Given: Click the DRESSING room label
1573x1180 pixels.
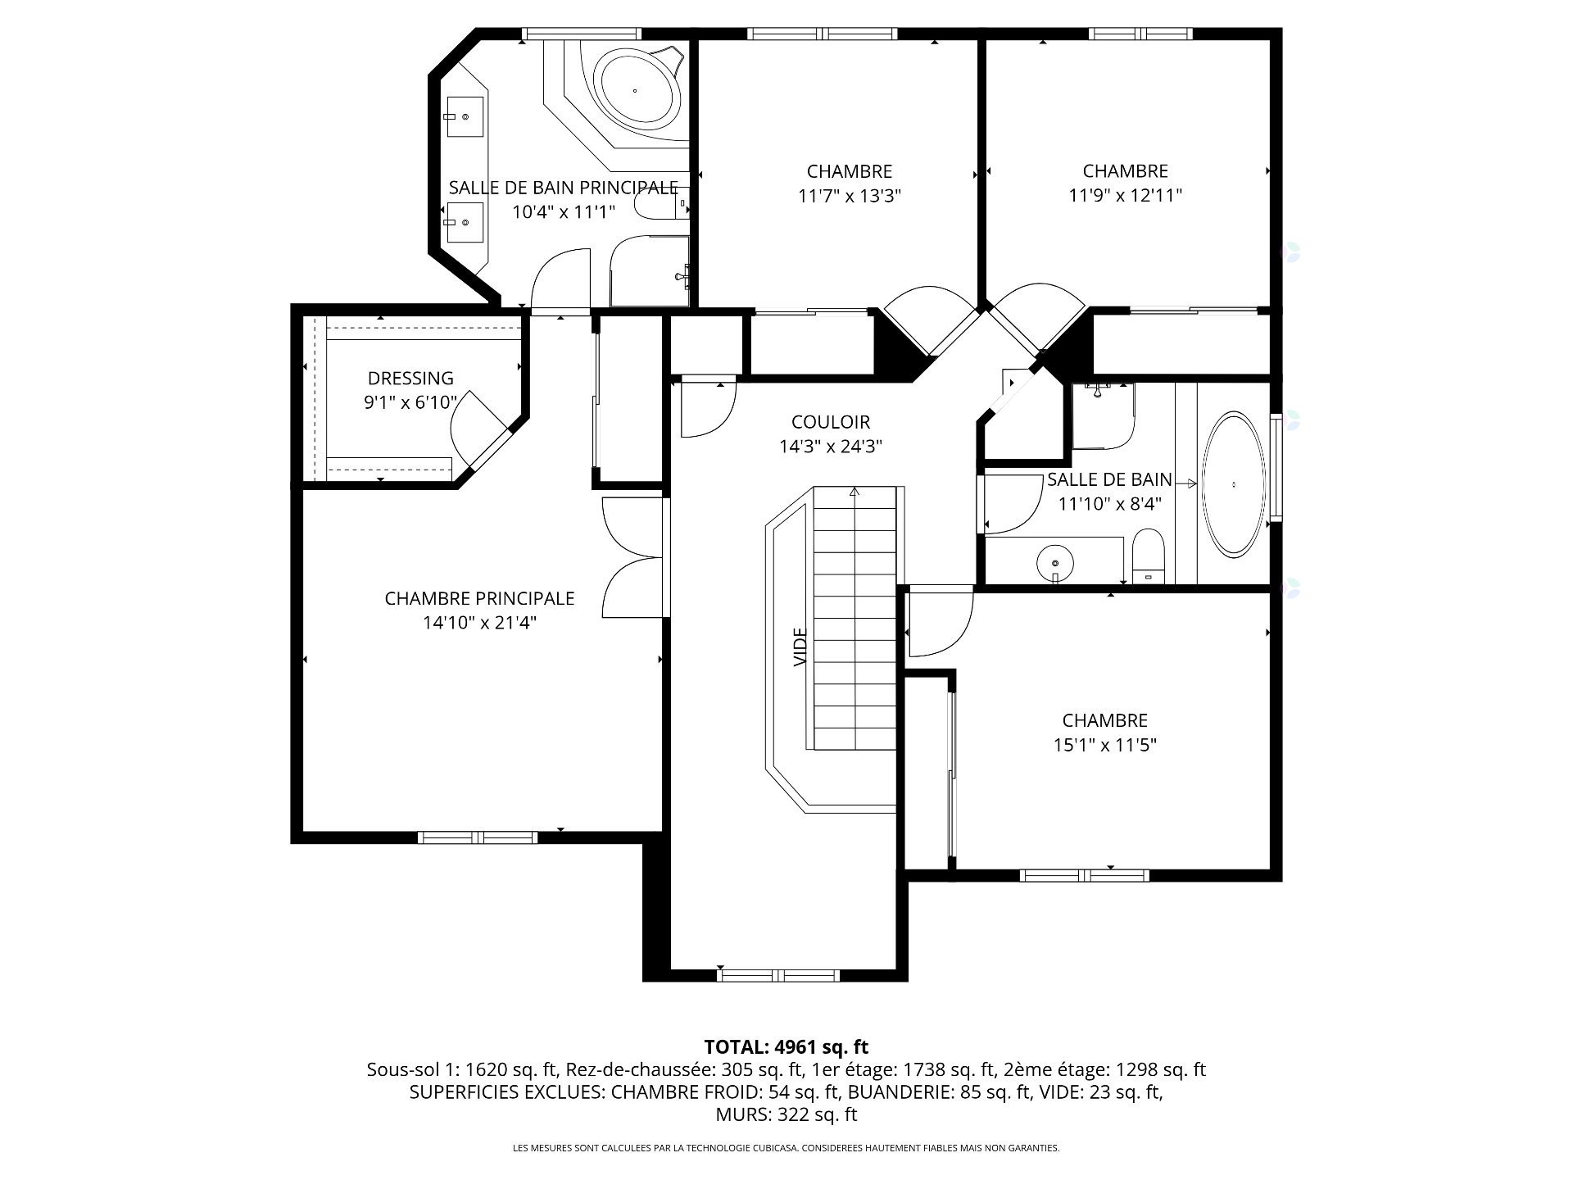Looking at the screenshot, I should pos(410,379).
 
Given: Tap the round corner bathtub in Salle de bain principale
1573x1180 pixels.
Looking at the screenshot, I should pos(637,89).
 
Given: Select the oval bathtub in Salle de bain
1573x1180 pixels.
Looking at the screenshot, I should pos(1233,485).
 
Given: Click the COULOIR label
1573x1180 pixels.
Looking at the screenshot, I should pos(830,422).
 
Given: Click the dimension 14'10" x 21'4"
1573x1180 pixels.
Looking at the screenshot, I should pos(479,623).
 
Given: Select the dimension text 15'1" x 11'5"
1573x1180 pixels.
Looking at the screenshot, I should pos(1104,745).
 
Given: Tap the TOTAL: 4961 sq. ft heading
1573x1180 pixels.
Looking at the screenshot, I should pos(786,1046).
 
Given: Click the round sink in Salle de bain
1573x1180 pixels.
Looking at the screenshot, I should pos(1055,563).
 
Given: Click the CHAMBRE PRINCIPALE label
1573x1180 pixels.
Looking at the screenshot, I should pos(479,598).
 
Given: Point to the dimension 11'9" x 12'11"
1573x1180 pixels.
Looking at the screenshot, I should pos(1125,196).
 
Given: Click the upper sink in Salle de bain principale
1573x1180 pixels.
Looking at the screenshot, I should pos(465,116).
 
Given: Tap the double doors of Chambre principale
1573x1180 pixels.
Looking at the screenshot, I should pos(632,557).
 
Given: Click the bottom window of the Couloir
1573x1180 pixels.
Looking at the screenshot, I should pos(777,975).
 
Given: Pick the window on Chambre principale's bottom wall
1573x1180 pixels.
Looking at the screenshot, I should pos(478,837).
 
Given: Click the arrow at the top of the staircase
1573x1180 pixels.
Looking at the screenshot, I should pos(854,492).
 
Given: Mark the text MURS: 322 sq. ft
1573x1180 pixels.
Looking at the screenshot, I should pos(786,1114).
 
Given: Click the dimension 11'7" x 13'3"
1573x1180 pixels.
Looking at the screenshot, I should pos(849,196).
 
